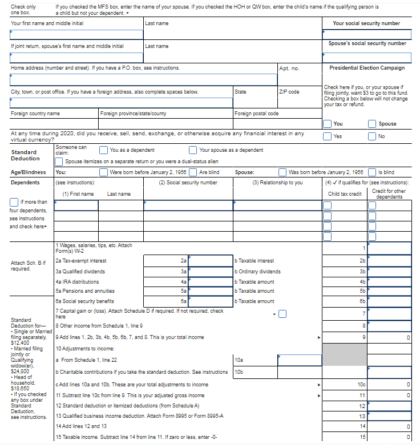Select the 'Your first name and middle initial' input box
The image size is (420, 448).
(76, 34)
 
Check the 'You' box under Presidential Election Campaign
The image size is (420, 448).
(328, 124)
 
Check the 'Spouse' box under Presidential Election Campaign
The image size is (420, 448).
(373, 124)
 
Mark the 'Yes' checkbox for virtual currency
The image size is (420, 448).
(328, 136)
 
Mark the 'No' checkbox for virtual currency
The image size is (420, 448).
(373, 136)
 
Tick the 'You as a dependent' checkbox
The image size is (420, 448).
(104, 150)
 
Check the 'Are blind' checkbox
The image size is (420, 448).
(193, 172)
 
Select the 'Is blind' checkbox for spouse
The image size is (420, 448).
(373, 172)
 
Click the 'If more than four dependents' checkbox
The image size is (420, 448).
(14, 202)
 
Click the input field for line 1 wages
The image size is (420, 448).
(389, 248)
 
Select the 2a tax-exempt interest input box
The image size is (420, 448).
(211, 260)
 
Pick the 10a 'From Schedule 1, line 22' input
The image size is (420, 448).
(299, 360)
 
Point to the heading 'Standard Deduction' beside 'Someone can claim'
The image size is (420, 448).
(25, 155)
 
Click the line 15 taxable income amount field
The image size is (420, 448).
(389, 437)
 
